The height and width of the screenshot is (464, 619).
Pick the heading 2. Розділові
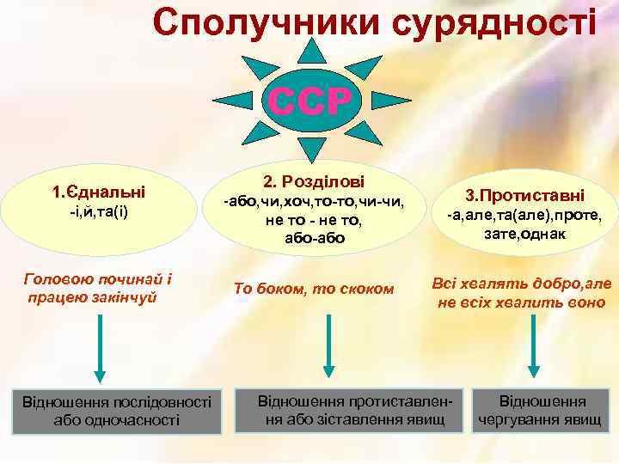(x=313, y=182)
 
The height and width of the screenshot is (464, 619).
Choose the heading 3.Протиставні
(x=524, y=196)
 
